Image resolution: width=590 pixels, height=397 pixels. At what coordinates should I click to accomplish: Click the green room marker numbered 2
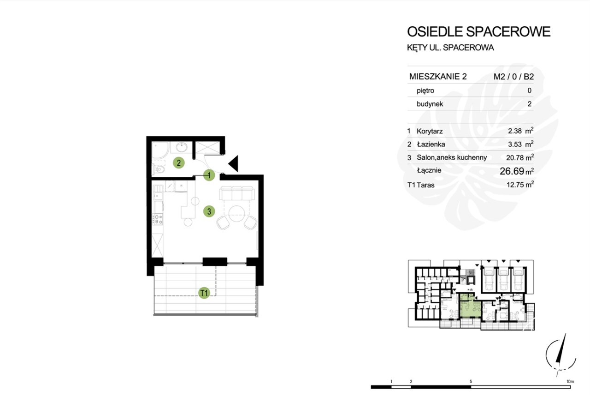[x=178, y=163]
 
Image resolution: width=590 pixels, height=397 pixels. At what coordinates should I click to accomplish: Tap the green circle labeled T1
[x=204, y=293]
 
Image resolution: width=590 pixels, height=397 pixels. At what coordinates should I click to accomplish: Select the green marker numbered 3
[x=209, y=211]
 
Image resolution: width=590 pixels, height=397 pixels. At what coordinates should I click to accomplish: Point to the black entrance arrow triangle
[x=233, y=163]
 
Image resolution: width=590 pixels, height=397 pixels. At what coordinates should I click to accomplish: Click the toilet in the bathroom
[x=159, y=169]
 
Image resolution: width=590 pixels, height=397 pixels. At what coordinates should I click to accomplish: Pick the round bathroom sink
[x=182, y=147]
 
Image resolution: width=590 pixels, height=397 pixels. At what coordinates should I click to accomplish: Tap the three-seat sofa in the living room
[x=237, y=193]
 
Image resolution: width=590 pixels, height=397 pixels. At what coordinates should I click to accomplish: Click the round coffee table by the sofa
[x=237, y=214]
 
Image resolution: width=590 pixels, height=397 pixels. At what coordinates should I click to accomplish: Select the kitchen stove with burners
[x=158, y=219]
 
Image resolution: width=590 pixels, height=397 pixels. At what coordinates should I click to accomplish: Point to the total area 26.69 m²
[x=517, y=171]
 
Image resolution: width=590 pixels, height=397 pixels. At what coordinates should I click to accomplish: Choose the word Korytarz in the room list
[x=430, y=131]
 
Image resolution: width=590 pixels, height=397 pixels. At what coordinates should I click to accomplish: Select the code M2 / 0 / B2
[x=513, y=77]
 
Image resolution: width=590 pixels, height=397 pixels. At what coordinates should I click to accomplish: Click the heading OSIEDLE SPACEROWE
[x=479, y=32]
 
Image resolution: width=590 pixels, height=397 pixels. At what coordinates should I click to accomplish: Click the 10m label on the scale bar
[x=570, y=381]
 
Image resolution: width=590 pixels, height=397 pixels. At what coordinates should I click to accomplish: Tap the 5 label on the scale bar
[x=471, y=381]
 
